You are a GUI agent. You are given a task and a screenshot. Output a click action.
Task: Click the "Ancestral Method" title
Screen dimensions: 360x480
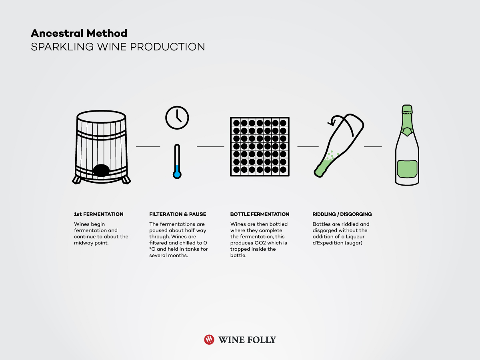(79, 33)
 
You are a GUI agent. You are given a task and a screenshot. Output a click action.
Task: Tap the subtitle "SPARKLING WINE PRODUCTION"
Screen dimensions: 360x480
(118, 47)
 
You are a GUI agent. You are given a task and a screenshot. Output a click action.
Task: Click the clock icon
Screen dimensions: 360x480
(177, 118)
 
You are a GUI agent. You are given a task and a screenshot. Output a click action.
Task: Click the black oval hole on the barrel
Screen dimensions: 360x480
(101, 170)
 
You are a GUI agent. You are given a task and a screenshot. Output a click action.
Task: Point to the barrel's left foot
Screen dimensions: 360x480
(77, 180)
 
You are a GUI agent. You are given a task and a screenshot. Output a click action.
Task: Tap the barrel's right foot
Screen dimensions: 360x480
(126, 180)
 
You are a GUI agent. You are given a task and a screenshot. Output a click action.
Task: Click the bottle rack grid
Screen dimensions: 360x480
(259, 146)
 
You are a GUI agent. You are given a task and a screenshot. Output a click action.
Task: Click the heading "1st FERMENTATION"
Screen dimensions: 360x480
(99, 214)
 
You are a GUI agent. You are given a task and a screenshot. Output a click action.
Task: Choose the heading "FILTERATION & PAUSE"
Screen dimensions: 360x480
(178, 214)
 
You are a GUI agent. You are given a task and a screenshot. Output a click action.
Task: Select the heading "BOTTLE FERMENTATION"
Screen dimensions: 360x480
(260, 214)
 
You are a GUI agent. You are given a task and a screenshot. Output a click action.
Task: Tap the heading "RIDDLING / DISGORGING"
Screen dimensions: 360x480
(342, 214)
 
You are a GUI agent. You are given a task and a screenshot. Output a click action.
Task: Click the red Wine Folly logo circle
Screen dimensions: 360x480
(209, 340)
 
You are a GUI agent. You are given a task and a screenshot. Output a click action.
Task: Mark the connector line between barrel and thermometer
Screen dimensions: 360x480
(148, 146)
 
